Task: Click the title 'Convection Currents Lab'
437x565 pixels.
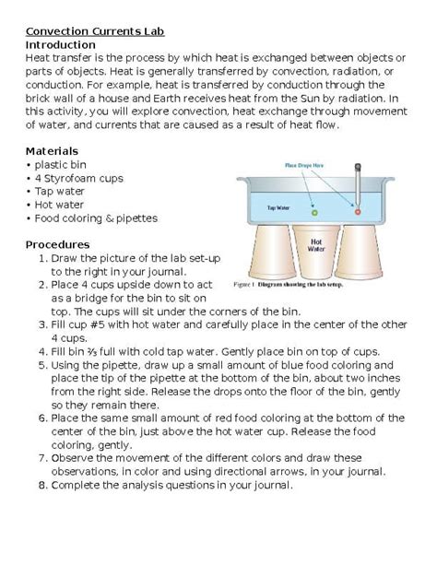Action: tap(94, 30)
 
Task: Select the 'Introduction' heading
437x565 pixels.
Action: tap(60, 44)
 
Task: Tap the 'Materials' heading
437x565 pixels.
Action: tap(52, 150)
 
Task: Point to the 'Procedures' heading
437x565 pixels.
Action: tap(57, 244)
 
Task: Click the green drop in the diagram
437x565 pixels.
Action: tap(314, 211)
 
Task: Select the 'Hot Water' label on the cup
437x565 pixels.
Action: tap(315, 245)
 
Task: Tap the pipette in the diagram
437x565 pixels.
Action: tap(356, 189)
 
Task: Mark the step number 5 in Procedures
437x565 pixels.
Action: tap(42, 364)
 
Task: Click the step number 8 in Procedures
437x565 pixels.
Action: tap(42, 485)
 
